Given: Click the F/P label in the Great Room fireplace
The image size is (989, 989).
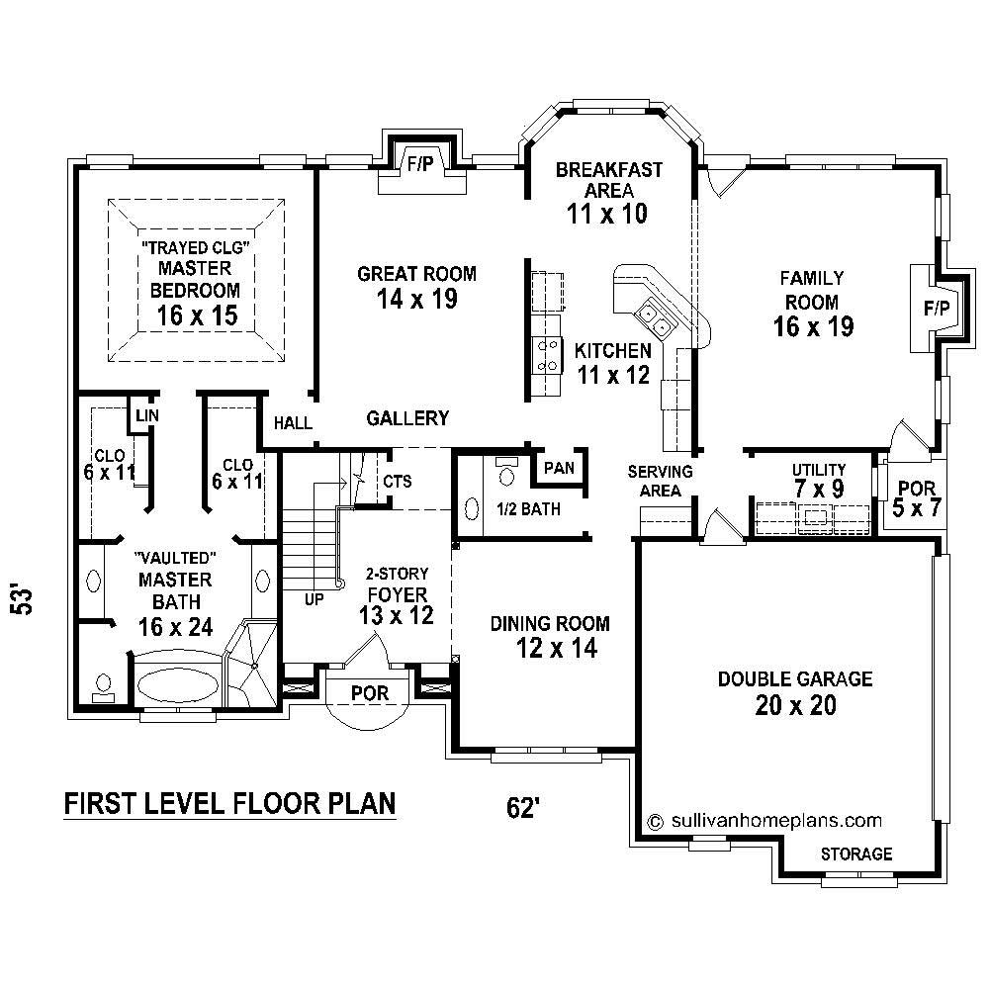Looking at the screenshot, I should [x=420, y=164].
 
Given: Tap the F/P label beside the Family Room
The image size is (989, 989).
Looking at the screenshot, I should [x=936, y=309].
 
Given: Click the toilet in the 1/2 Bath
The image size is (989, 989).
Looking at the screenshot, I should [x=507, y=475].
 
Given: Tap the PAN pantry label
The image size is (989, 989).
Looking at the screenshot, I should [x=559, y=468].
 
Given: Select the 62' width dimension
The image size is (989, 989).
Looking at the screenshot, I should [x=523, y=808].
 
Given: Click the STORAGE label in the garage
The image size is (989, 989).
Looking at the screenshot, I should [x=855, y=854].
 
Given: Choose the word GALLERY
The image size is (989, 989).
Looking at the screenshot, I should [x=407, y=418].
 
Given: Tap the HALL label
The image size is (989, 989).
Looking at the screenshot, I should [x=293, y=423].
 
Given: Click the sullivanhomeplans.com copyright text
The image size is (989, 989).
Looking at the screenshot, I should [x=764, y=820].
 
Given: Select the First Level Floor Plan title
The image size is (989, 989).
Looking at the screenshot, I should [x=229, y=803].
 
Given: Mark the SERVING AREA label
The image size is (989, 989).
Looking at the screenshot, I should [x=660, y=481].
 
